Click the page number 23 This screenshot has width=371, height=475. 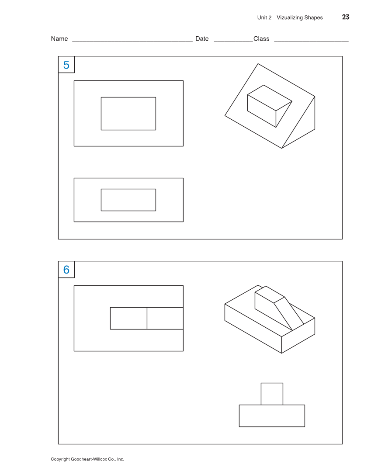345,17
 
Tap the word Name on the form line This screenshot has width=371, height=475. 59,39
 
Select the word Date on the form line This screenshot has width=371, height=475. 202,39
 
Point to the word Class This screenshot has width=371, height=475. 261,39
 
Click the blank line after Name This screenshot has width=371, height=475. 132,41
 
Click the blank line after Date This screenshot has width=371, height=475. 233,41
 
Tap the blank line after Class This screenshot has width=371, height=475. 311,41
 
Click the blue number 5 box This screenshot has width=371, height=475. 66,65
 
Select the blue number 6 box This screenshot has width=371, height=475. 66,270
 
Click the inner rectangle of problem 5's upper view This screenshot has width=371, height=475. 128,114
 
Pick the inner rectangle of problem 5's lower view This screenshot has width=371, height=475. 128,200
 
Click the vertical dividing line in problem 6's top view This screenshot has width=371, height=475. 147,318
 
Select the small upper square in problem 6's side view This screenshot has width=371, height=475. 272,394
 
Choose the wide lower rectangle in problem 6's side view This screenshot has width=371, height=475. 272,416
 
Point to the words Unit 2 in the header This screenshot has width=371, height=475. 264,17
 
